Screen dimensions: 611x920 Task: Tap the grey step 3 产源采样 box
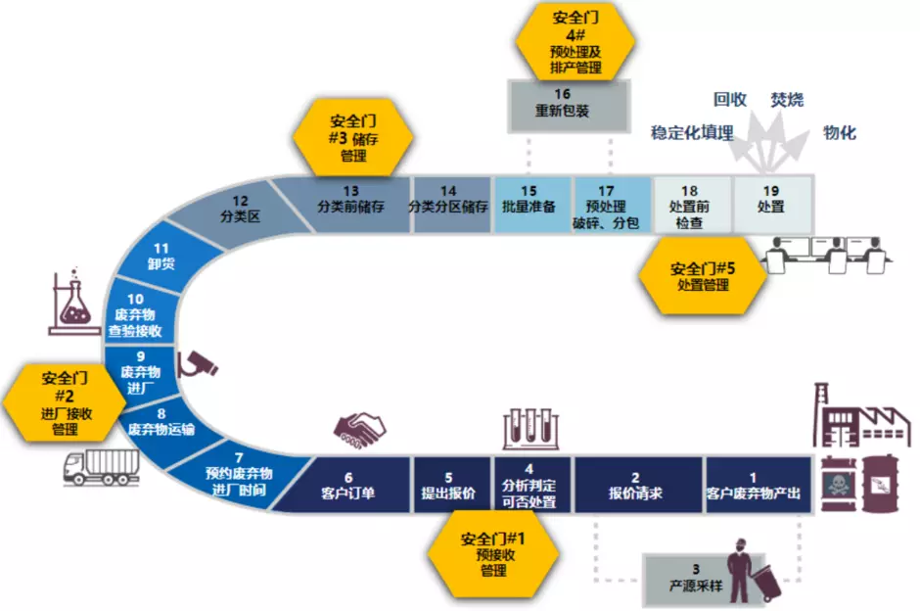(695, 577)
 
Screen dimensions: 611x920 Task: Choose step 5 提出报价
(449, 485)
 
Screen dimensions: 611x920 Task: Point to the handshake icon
(359, 425)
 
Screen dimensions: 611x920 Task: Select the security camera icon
(200, 363)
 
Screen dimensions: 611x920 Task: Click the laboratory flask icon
(75, 302)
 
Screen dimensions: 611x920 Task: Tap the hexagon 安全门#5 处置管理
(704, 276)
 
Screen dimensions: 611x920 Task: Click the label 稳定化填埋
(692, 133)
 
